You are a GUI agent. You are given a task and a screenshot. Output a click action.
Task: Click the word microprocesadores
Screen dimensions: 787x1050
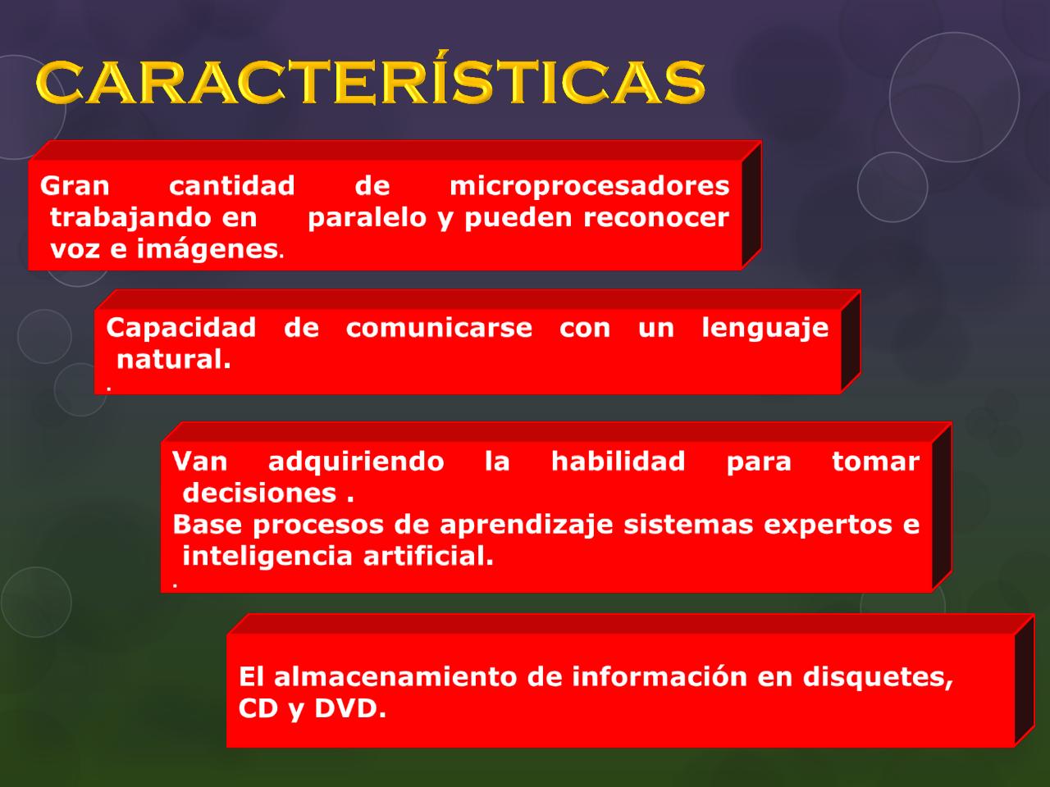click(x=589, y=187)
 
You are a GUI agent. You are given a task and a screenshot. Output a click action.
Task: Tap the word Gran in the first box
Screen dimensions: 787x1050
click(x=75, y=186)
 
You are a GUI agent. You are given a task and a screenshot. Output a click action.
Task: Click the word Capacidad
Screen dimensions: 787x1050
click(x=180, y=328)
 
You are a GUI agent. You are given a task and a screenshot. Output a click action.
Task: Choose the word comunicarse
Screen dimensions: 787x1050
click(x=439, y=328)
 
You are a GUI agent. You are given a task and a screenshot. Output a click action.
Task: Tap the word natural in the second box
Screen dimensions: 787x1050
click(x=172, y=359)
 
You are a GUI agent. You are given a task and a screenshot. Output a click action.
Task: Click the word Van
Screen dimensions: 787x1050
click(x=199, y=462)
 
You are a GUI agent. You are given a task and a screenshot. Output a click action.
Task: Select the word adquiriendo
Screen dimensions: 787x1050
click(x=356, y=462)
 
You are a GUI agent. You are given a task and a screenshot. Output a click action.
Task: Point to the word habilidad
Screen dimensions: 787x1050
click(x=618, y=462)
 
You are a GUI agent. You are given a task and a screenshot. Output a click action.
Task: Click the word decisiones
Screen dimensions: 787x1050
click(x=259, y=493)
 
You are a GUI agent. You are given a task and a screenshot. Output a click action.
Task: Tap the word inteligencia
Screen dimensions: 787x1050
click(x=267, y=557)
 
